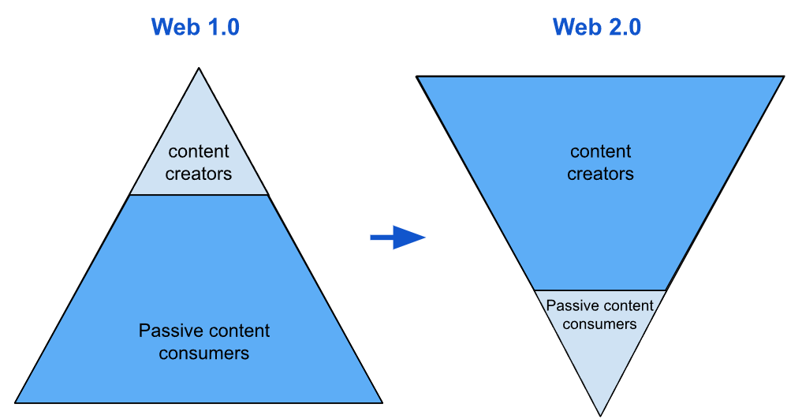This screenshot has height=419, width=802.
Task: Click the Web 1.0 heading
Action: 195,28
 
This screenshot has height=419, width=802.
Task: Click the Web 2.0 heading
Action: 597,28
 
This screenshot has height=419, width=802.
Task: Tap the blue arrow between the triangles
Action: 397,237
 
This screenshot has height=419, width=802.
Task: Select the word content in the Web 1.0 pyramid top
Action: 199,152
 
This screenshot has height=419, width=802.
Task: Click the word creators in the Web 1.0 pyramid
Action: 199,174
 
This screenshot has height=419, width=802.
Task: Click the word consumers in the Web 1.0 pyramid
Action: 204,353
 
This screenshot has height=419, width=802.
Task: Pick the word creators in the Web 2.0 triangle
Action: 600,174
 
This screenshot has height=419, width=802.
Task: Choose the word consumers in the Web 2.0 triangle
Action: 600,324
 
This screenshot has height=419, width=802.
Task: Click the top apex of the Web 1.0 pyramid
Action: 199,69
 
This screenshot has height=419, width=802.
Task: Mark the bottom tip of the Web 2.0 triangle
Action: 600,415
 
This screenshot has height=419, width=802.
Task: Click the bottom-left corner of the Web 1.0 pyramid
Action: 16,402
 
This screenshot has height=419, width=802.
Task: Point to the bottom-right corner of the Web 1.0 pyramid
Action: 382,402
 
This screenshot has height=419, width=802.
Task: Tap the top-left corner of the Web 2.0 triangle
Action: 417,77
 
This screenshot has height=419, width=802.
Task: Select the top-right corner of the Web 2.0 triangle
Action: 784,77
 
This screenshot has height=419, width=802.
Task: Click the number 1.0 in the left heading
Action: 222,28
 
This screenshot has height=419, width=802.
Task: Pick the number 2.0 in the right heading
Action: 624,28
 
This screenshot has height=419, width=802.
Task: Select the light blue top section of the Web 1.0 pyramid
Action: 199,126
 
